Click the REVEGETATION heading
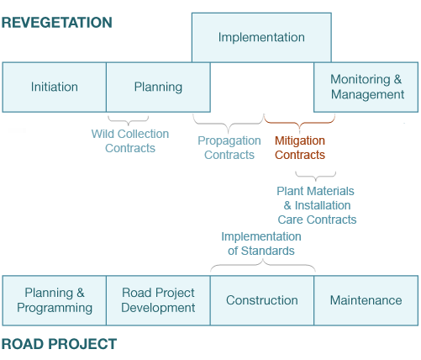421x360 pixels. pos(57,23)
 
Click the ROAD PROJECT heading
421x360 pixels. pos(59,344)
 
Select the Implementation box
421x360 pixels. pos(261,37)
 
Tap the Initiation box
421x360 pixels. pos(54,87)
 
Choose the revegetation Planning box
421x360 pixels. pos(158,87)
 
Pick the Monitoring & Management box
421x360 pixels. pos(366,87)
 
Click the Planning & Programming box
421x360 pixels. pos(54,300)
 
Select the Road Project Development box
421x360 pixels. pos(158,300)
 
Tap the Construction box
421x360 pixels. pos(262,300)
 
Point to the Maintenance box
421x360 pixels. pos(366,300)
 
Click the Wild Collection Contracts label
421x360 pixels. pos(130,140)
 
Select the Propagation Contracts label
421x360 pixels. pos(229,147)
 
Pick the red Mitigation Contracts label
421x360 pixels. pos(300,147)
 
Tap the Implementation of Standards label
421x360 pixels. pos(261,243)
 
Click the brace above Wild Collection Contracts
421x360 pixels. pos(129,119)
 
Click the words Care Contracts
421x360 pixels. pos(318,220)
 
